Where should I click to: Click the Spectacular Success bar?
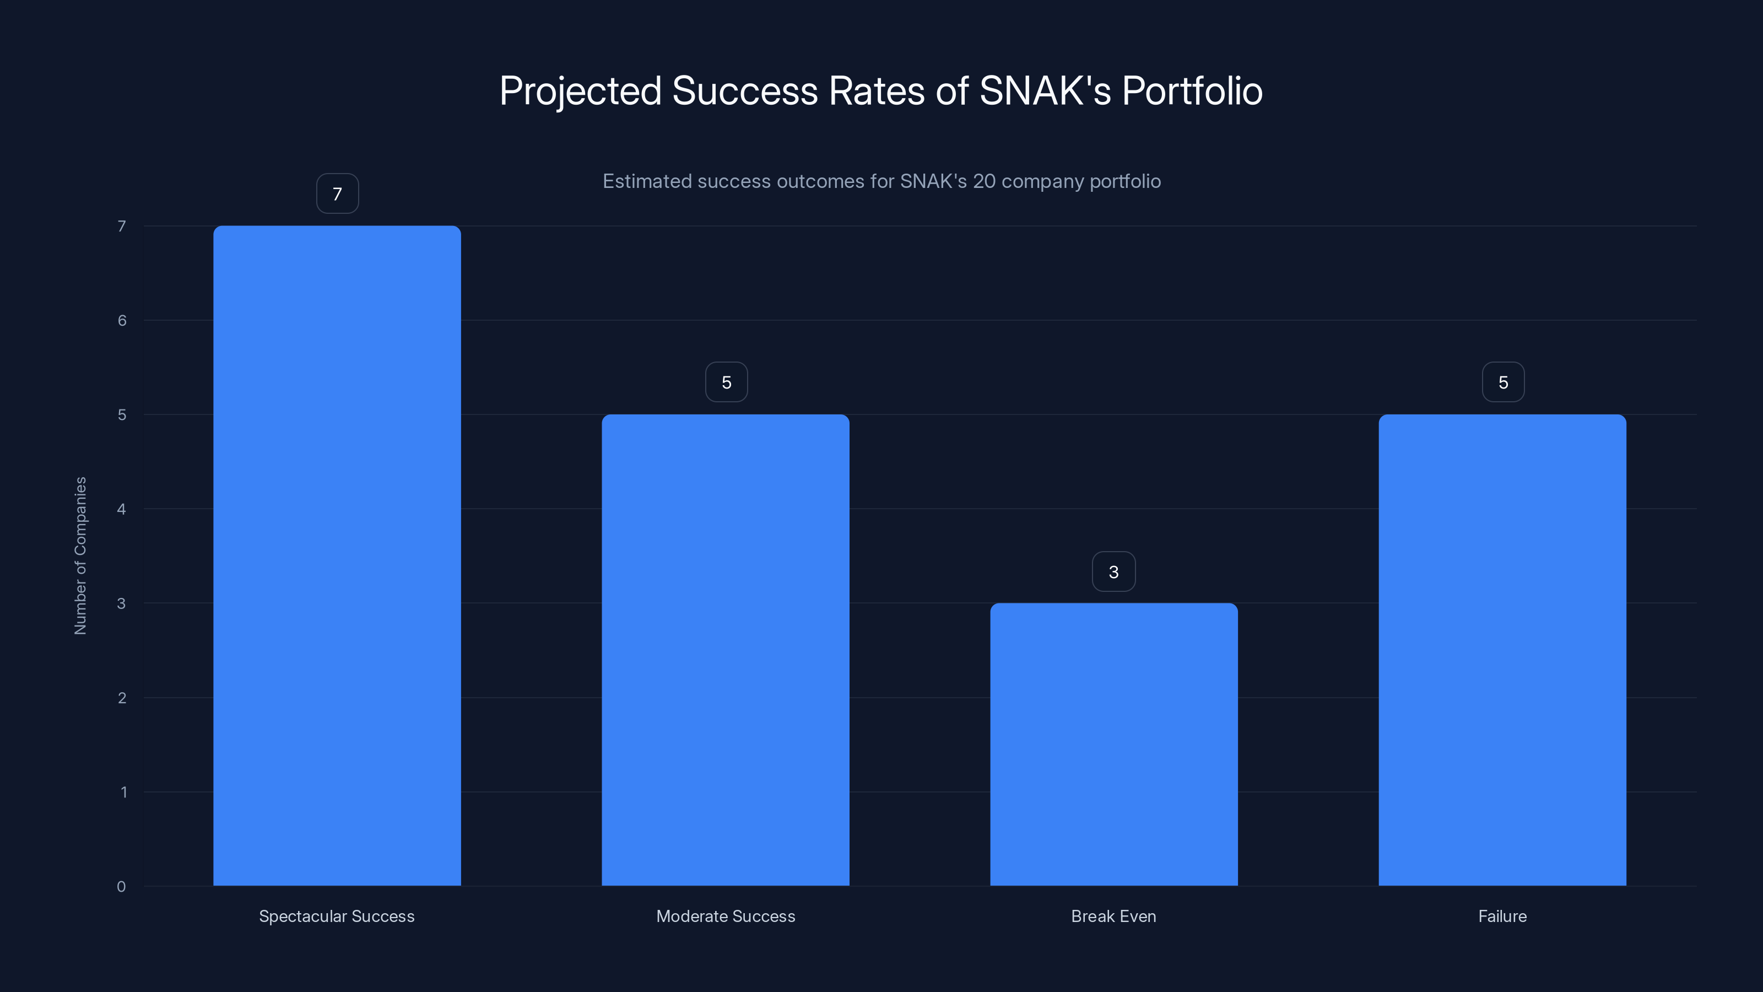(337, 555)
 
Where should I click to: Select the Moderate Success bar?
(726, 650)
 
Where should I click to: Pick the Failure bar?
(1502, 650)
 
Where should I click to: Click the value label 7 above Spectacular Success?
(337, 194)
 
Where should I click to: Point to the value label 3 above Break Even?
(1113, 572)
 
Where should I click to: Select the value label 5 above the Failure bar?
(1503, 382)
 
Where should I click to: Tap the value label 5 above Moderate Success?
(726, 382)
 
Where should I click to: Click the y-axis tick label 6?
(122, 320)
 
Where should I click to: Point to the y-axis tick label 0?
(121, 887)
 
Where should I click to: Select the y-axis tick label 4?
(121, 509)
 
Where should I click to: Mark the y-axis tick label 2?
(122, 698)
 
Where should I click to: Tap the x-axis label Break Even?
(1113, 916)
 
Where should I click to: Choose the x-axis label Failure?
(1502, 916)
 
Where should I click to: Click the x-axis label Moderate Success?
(726, 916)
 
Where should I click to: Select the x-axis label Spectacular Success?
(337, 916)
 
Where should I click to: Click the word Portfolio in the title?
(1192, 90)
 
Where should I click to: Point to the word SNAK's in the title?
(1045, 90)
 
